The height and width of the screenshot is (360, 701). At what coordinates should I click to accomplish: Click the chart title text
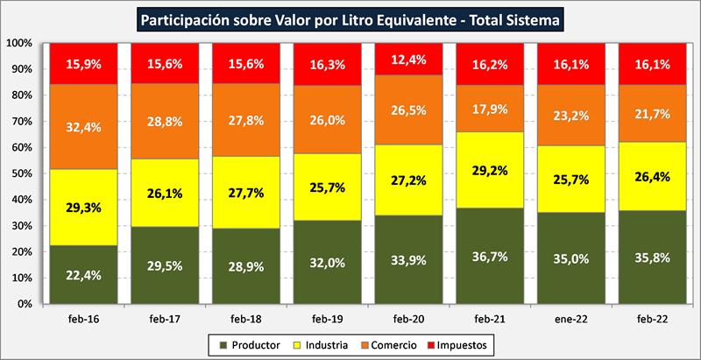coord(350,18)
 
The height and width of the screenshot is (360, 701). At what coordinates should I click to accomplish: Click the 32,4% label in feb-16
coord(83,125)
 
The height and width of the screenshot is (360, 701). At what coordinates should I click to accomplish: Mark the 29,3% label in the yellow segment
coord(83,208)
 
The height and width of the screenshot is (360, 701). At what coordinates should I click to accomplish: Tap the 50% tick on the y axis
coord(21,173)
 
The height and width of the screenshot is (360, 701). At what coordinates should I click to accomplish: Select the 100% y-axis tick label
coord(18,43)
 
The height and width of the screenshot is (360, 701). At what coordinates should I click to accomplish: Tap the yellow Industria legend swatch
coord(297,345)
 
